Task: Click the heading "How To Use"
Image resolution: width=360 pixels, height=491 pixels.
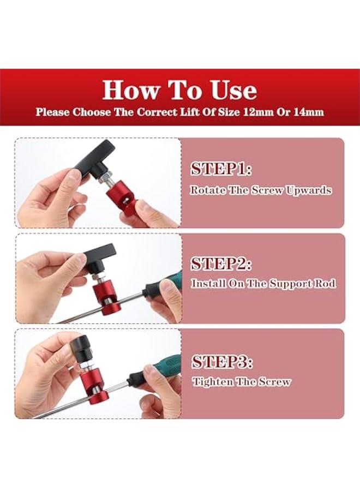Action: [x=179, y=89]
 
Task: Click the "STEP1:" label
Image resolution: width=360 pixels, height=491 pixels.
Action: [x=221, y=169]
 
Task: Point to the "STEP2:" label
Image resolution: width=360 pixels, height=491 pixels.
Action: [x=221, y=264]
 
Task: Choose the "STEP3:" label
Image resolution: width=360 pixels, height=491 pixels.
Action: [x=221, y=361]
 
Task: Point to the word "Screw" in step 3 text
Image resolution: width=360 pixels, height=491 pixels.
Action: [x=275, y=381]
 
